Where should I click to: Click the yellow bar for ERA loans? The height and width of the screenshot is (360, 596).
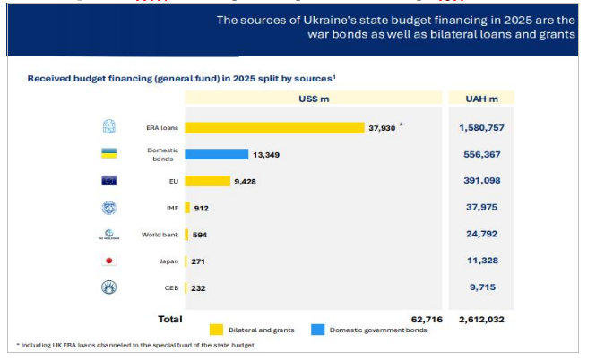pos(273,128)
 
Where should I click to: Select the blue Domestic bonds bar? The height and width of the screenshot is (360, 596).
pos(216,154)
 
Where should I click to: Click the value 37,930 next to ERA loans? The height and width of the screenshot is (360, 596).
pos(382,128)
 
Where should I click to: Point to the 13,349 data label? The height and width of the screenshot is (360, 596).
pos(267,154)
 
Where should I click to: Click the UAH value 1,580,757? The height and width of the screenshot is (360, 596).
pos(480,128)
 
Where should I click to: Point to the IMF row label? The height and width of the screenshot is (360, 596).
pos(163,208)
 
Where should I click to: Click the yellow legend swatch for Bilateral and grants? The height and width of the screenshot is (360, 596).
pos(216,329)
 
